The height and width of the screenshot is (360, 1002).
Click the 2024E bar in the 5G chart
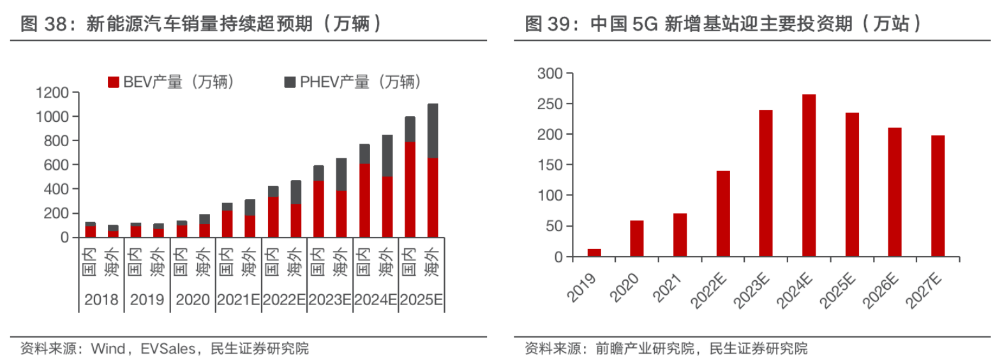click(809, 176)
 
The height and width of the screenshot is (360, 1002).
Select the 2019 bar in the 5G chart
click(594, 253)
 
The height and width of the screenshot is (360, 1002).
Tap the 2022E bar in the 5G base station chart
click(723, 214)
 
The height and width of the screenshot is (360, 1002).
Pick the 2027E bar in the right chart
click(938, 196)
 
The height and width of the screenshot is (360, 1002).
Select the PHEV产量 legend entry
click(352, 82)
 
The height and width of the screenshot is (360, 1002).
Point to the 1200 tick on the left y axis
click(52, 93)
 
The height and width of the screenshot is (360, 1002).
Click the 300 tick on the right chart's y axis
click(550, 74)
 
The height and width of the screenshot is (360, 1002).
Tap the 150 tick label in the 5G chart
click(550, 165)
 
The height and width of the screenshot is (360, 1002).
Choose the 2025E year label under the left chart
click(421, 300)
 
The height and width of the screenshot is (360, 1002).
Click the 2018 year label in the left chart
click(101, 300)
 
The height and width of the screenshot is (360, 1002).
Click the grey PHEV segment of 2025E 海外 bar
click(432, 131)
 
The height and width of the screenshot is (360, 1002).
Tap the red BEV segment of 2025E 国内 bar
click(410, 189)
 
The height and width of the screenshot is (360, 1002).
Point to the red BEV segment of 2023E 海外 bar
click(341, 214)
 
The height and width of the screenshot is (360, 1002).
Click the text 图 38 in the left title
click(43, 24)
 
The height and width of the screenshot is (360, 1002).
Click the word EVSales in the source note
click(168, 349)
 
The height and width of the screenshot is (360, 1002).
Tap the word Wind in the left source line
click(108, 349)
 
